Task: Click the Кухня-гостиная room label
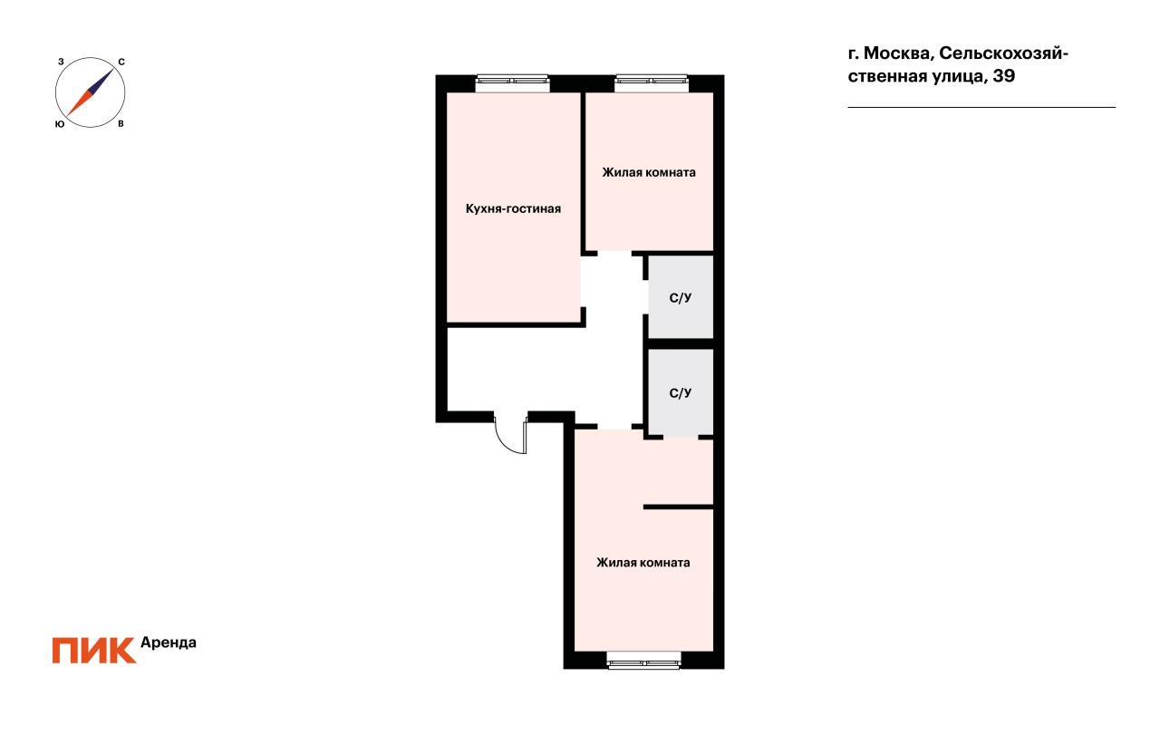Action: pos(513,208)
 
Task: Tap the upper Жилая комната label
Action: pos(648,172)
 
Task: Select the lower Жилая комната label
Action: pos(643,562)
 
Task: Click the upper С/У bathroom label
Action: pos(680,298)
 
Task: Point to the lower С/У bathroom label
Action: pos(680,393)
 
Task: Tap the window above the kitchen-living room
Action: pos(512,82)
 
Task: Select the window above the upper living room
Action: pos(652,82)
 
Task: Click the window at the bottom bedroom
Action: pos(643,660)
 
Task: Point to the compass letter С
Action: pos(121,63)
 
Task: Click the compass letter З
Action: pos(61,62)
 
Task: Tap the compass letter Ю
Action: pos(60,124)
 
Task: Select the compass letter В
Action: pos(121,124)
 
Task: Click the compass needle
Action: pos(90,92)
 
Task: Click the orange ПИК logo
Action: pos(93,651)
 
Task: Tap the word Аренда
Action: pos(169,643)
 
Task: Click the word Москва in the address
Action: pos(899,53)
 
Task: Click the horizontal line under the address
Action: pos(981,107)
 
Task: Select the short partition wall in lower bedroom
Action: pos(679,507)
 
